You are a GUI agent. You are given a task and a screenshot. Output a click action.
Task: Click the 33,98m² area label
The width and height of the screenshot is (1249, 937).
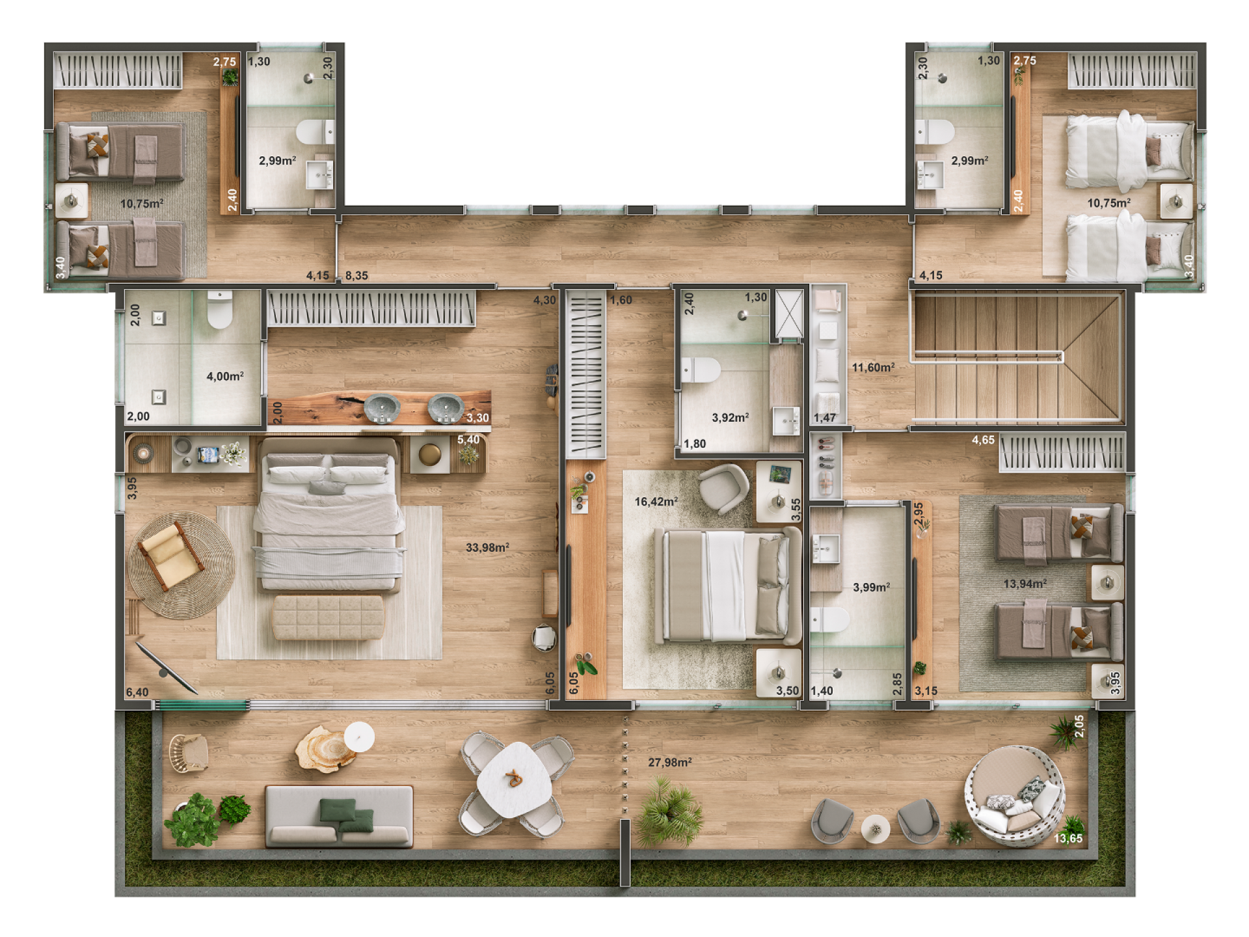point(487,547)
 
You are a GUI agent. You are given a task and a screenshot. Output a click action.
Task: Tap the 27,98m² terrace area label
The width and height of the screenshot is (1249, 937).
point(670,762)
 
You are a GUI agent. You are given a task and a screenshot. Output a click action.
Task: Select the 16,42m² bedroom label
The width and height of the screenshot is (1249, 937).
point(656,502)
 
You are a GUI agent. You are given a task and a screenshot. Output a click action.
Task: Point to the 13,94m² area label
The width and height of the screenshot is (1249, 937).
point(1025,584)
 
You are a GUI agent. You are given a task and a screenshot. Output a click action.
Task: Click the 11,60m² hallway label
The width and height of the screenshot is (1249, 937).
point(873,368)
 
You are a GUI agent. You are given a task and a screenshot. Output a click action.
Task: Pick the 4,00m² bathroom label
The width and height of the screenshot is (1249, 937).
point(225,376)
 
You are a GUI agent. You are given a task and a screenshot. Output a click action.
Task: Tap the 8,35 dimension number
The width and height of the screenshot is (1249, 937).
point(356,276)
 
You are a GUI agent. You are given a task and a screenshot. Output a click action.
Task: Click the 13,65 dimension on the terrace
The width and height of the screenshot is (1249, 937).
point(1068,838)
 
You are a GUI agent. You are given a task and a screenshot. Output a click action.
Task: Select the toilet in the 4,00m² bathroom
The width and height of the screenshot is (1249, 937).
point(220,310)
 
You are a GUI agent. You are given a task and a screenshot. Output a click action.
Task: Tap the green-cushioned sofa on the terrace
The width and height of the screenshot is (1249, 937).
point(339,817)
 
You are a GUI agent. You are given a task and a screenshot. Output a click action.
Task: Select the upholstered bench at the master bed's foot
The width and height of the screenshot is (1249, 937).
point(328,617)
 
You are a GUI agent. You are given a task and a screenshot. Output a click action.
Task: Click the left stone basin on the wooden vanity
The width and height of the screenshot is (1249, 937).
point(382,409)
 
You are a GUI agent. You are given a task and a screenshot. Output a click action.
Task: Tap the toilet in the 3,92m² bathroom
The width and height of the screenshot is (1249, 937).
point(701,370)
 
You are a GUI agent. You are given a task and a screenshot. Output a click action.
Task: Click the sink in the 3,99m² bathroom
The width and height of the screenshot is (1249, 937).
point(825,549)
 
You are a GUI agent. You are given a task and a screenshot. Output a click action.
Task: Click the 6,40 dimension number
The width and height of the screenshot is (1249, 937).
point(137,692)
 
